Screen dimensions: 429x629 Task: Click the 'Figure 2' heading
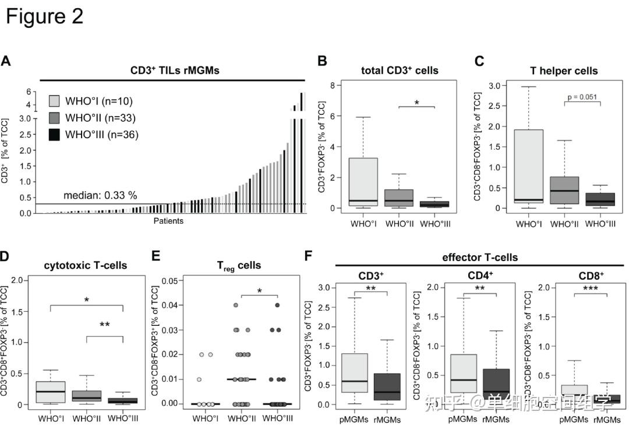pos(45,16)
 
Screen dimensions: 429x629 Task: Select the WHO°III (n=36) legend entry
pos(96,135)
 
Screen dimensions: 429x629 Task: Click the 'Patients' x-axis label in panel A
pos(169,221)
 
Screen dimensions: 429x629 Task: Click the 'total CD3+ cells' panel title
pos(399,71)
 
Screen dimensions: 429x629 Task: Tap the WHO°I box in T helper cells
pos(528,166)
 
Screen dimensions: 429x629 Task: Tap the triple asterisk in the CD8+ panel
pos(591,287)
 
